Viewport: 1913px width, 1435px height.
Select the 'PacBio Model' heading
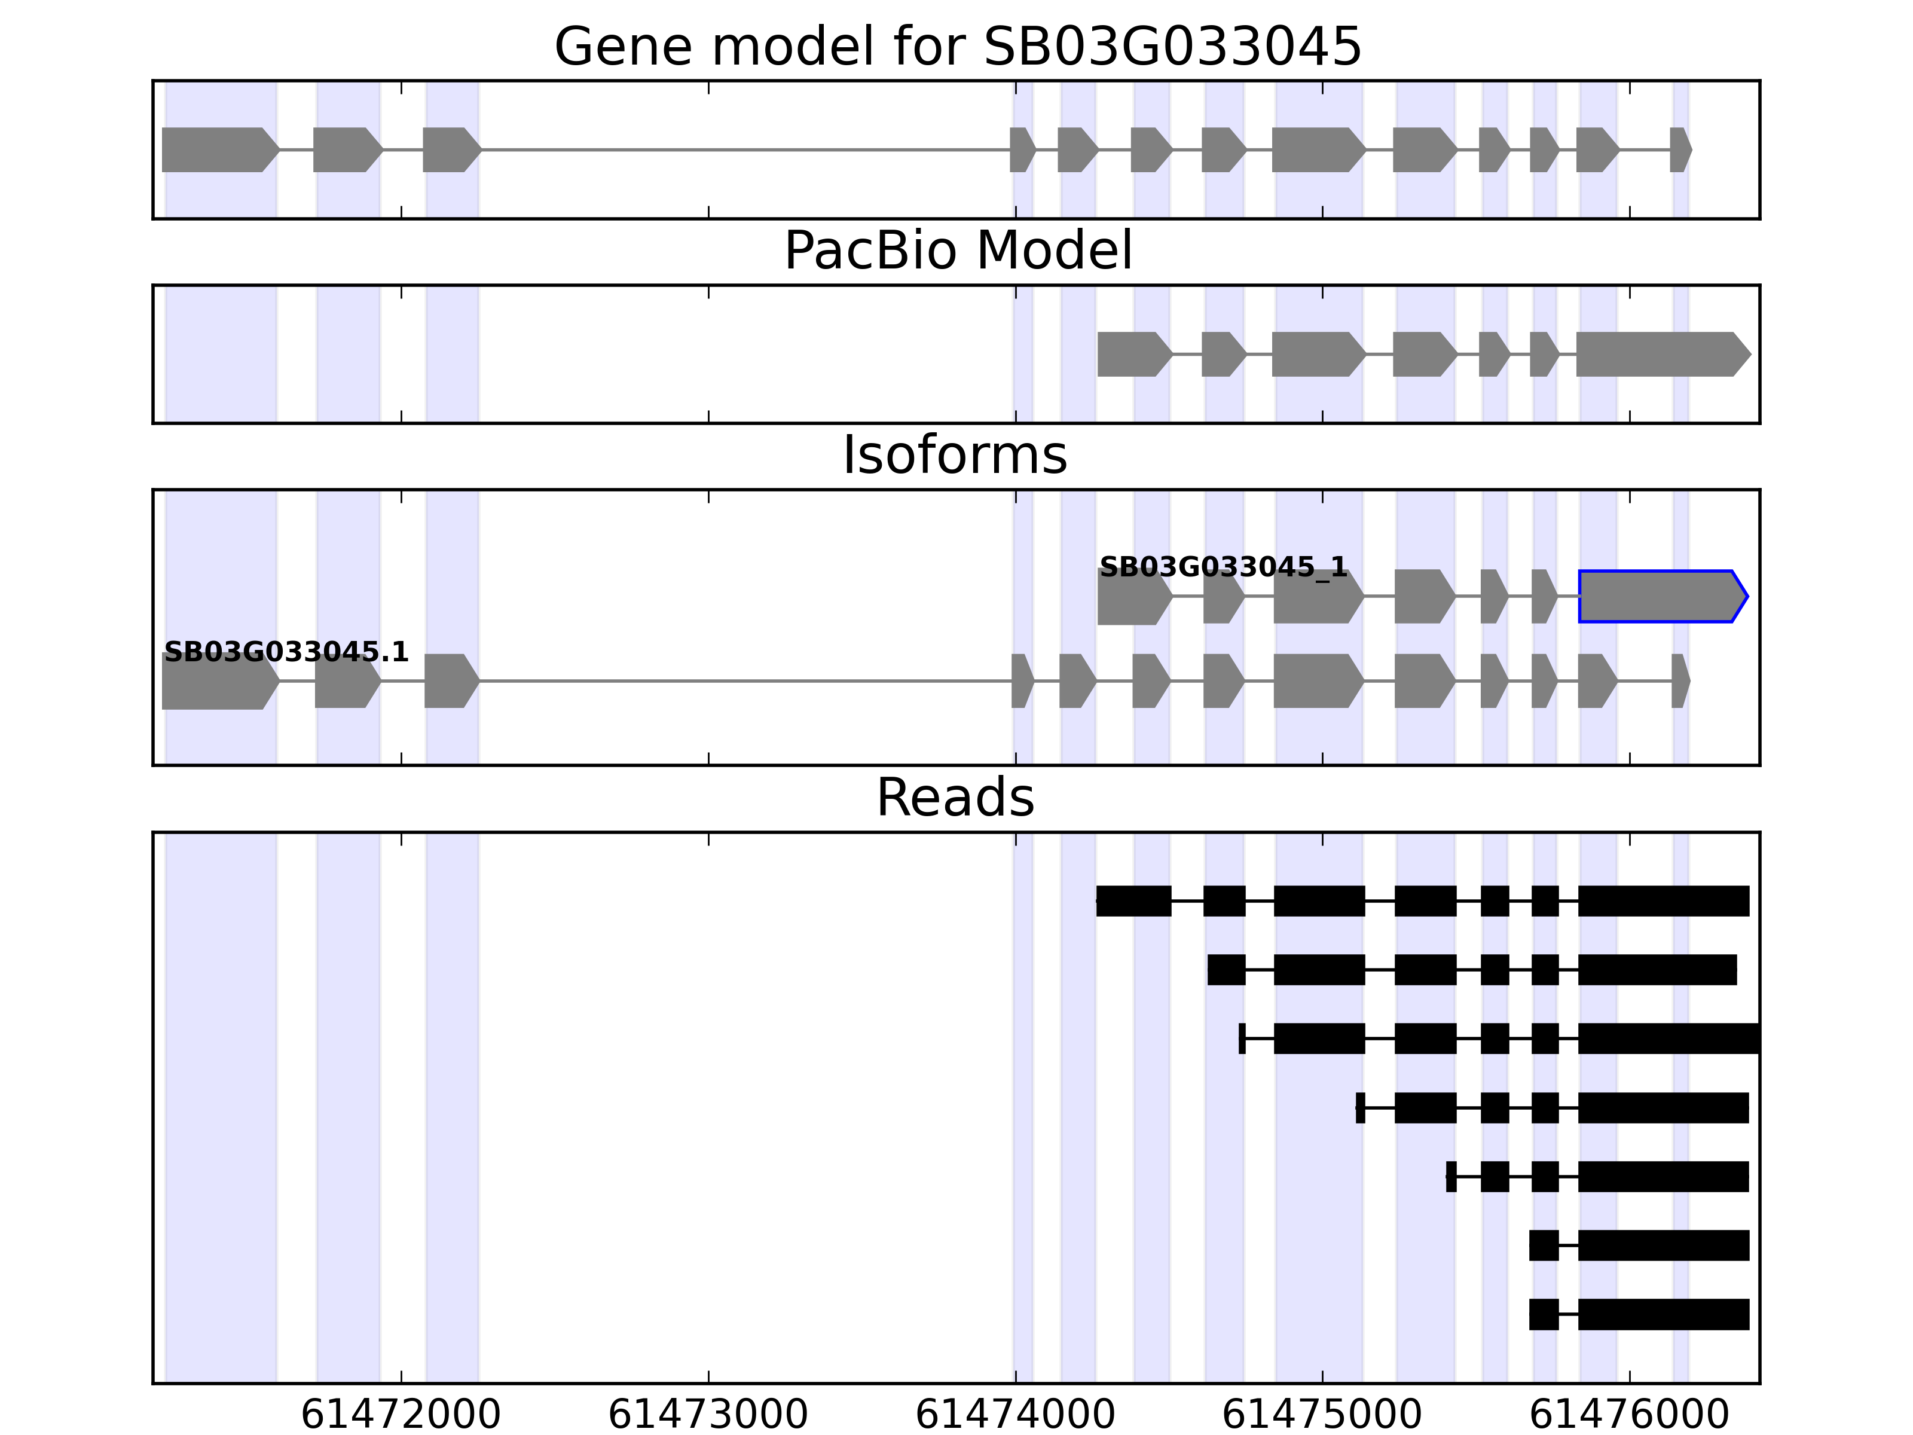click(x=957, y=251)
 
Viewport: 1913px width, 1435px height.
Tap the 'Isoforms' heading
click(x=955, y=456)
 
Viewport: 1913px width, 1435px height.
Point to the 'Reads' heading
click(x=955, y=798)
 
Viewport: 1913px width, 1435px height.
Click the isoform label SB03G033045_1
click(x=1223, y=567)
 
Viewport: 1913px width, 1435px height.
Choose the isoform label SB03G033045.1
click(x=285, y=652)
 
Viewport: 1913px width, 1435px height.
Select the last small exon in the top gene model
click(x=1679, y=149)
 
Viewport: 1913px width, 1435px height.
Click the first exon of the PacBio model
click(x=1133, y=354)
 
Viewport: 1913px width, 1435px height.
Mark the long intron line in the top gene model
click(x=744, y=149)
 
